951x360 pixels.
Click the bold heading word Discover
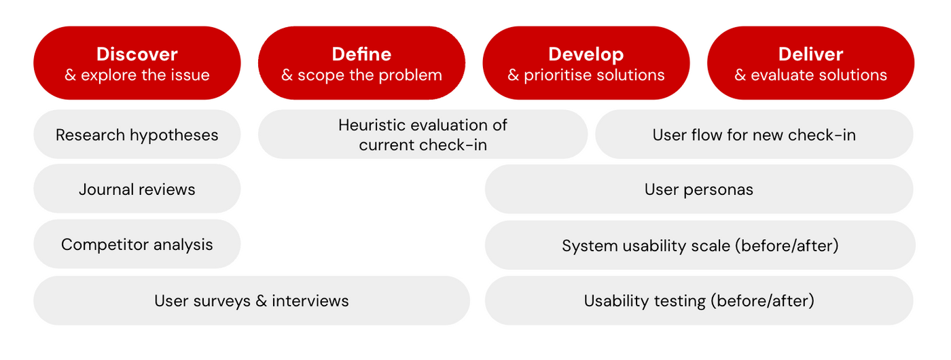click(x=137, y=54)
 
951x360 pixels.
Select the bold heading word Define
click(x=361, y=54)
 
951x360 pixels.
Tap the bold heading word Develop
click(x=586, y=54)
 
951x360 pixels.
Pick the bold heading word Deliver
click(x=810, y=54)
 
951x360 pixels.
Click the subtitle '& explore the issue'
click(x=137, y=75)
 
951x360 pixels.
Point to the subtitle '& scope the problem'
click(x=361, y=75)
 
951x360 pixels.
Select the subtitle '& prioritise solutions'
click(x=586, y=75)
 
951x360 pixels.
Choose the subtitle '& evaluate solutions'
click(x=810, y=75)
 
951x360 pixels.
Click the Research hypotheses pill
click(x=137, y=134)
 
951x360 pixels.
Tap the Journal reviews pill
click(x=137, y=189)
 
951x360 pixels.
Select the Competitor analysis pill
click(x=137, y=245)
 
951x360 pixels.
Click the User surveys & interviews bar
click(x=251, y=300)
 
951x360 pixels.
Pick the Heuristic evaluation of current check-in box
click(x=423, y=134)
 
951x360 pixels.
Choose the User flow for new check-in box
click(x=754, y=134)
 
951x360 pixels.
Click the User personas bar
click(x=698, y=189)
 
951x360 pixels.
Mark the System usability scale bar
click(x=700, y=245)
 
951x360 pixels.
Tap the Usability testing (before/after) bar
click(x=698, y=300)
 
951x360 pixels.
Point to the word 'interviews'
click(x=310, y=300)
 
